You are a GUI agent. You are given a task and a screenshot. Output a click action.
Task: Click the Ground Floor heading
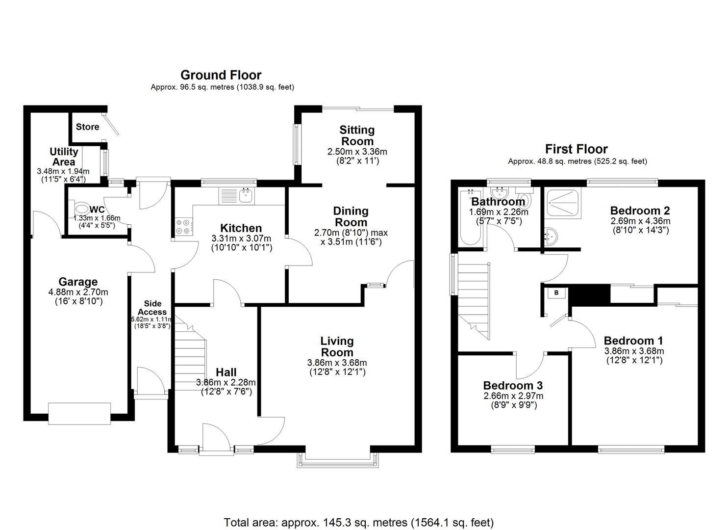pos(221,75)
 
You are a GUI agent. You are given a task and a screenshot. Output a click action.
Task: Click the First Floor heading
pos(576,149)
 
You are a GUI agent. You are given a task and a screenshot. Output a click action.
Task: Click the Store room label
pos(87,127)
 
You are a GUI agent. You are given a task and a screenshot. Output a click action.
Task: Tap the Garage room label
pos(78,282)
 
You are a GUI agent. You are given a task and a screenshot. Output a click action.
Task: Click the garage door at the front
pos(79,413)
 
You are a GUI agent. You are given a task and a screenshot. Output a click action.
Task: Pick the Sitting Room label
pos(357,135)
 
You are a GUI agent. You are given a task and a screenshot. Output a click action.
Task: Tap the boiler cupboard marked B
pos(556,293)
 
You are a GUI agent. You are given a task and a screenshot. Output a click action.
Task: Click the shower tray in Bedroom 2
pos(563,202)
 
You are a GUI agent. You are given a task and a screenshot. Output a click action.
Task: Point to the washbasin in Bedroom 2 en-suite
pos(552,237)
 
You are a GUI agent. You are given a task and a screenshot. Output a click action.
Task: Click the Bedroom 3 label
pos(513,386)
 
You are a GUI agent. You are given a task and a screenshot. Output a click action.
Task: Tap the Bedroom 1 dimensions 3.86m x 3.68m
pos(633,351)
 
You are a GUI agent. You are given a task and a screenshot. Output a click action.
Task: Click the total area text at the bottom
pos(358,522)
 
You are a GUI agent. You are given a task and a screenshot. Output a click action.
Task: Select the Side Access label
pos(152,308)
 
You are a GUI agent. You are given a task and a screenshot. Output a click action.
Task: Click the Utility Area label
pos(64,157)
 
